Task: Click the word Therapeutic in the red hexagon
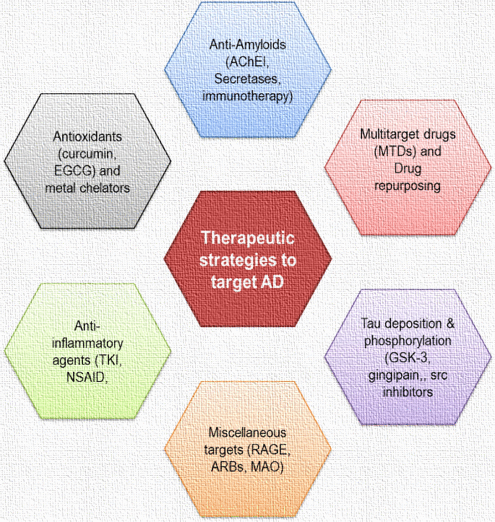point(247,238)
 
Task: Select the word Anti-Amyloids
point(247,44)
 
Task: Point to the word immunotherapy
point(247,95)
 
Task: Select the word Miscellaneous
point(247,432)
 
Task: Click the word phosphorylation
point(407,341)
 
